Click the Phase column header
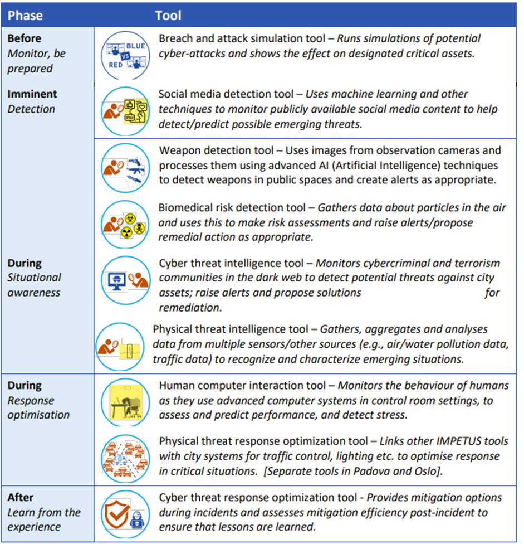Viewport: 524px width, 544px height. tap(25, 15)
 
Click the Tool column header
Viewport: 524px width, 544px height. tap(168, 15)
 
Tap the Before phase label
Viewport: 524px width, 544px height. tap(24, 39)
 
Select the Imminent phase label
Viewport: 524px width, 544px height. tap(32, 94)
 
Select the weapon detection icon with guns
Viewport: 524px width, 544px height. tap(125, 168)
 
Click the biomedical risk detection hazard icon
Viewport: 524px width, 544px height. tap(125, 224)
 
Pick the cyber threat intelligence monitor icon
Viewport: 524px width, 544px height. tap(125, 278)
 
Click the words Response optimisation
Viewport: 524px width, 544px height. tap(38, 407)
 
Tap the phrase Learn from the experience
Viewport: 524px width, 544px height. tap(44, 519)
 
